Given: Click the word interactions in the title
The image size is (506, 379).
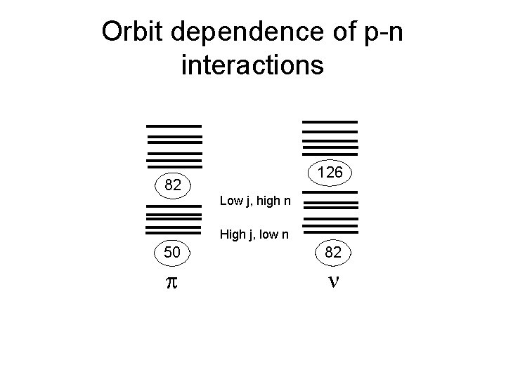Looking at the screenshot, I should pyautogui.click(x=252, y=65).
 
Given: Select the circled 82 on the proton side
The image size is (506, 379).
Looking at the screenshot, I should pyautogui.click(x=173, y=186).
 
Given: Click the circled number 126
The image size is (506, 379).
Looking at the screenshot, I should pyautogui.click(x=330, y=172).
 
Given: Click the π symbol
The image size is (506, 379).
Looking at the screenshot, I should pyautogui.click(x=171, y=282).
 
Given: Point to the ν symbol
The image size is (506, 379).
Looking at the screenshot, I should pyautogui.click(x=332, y=281).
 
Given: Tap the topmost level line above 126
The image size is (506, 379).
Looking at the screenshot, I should pyautogui.click(x=329, y=121).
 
